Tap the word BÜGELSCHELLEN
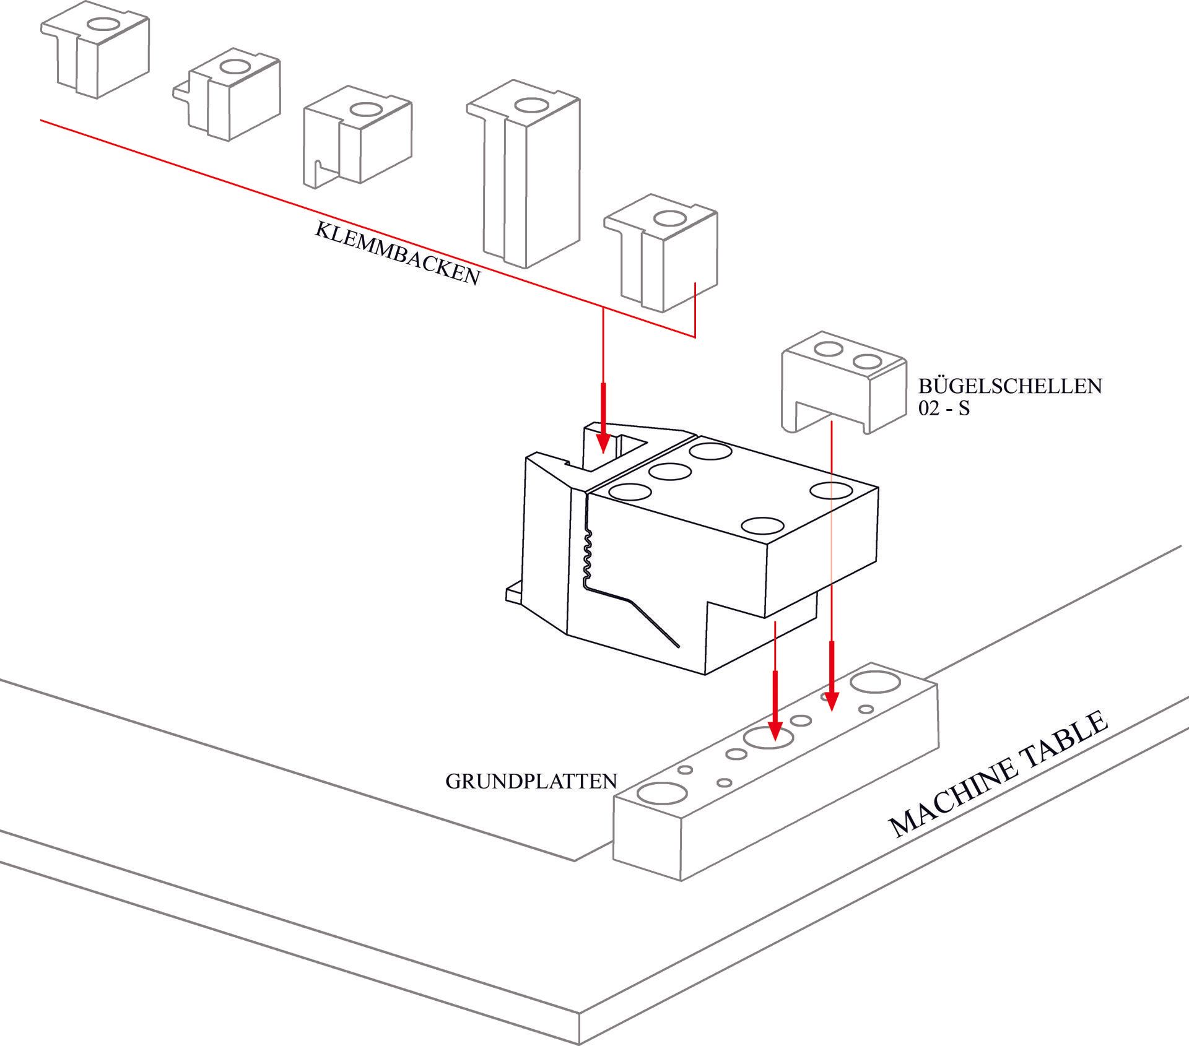click(1009, 386)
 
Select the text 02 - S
click(944, 409)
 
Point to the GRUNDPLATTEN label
click(531, 781)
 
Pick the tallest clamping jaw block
click(530, 179)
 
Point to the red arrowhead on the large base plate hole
click(773, 731)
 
